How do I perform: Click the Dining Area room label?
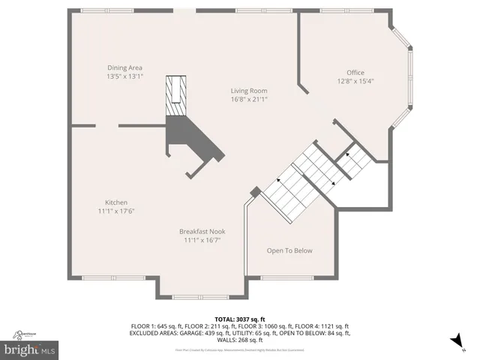(124, 67)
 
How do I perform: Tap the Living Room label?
(248, 91)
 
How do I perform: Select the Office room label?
(355, 73)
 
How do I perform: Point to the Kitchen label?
(115, 202)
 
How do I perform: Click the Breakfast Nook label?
(202, 232)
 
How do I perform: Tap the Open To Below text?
(289, 250)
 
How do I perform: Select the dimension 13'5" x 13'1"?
(124, 76)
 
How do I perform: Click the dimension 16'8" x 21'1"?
(248, 99)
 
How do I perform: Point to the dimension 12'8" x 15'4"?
(355, 81)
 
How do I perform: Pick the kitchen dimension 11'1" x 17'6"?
(115, 211)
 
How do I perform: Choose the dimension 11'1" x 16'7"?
(202, 240)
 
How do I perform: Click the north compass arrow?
(454, 342)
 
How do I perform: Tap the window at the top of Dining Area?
(103, 10)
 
